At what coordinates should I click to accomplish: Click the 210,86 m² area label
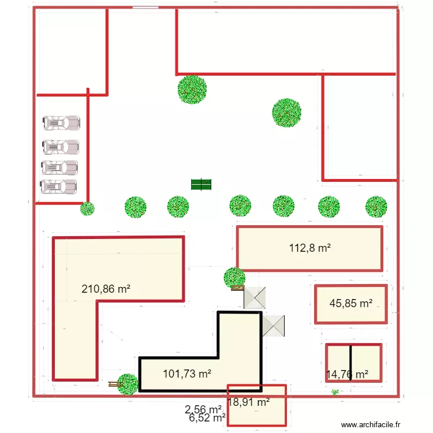(x=106, y=289)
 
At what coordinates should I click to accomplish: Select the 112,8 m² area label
(x=310, y=248)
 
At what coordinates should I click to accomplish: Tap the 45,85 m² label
(x=350, y=304)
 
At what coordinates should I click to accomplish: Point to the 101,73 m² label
(x=187, y=374)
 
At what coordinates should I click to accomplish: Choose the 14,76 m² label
(x=347, y=374)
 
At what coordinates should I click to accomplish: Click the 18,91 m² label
(x=248, y=402)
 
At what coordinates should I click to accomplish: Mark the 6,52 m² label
(x=207, y=417)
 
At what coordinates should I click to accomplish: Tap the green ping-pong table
(x=201, y=184)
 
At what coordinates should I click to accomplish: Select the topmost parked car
(x=61, y=123)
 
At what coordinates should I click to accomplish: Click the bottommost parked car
(x=58, y=186)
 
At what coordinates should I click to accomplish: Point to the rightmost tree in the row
(x=376, y=206)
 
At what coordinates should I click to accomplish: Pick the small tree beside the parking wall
(x=87, y=208)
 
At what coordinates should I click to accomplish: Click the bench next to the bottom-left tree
(x=114, y=383)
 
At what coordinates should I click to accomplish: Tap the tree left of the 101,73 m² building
(x=128, y=384)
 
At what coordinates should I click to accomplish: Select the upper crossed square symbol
(x=255, y=297)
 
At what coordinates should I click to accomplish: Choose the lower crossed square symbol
(x=274, y=326)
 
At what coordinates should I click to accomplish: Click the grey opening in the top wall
(x=145, y=8)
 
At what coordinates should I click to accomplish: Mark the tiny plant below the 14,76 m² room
(x=335, y=393)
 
